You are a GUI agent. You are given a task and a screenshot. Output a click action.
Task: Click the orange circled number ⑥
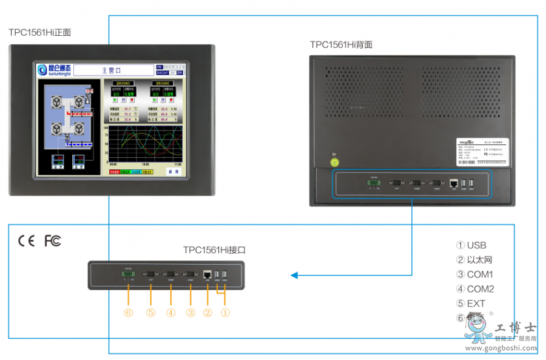129,313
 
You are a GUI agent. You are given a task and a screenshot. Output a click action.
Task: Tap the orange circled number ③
190,313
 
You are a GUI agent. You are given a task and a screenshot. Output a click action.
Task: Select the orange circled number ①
225,313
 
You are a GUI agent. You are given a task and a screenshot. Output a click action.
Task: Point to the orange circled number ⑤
150,313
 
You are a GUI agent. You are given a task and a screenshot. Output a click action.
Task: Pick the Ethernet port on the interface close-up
207,274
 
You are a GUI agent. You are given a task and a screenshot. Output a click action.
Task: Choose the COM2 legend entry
474,289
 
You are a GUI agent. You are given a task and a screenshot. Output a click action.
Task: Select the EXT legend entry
471,304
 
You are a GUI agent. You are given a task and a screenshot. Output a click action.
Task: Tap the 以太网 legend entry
474,260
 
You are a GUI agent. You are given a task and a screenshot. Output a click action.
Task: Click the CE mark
27,241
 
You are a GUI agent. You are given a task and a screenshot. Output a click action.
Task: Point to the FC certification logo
53,241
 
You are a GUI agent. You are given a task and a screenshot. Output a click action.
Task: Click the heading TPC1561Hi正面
39,32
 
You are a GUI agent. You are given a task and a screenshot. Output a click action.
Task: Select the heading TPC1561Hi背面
341,44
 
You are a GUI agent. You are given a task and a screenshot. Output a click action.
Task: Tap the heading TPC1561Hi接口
214,250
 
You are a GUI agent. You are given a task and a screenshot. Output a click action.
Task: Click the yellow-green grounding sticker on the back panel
334,162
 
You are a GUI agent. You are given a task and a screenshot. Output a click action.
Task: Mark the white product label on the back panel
483,151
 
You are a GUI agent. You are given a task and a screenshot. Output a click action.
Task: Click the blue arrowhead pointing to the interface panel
294,275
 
